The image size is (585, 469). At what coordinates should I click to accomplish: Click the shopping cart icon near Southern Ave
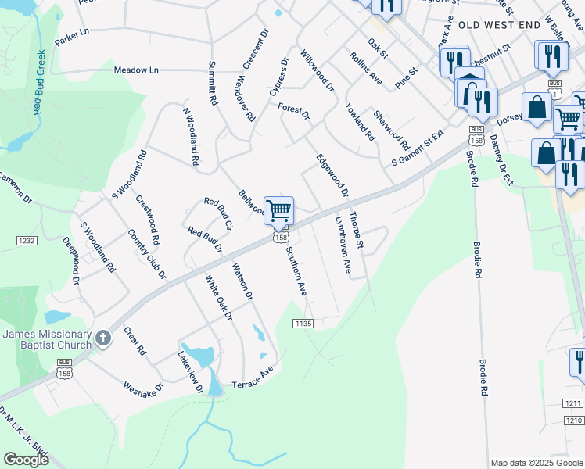click(x=278, y=211)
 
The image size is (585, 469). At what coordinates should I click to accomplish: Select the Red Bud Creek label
click(x=38, y=82)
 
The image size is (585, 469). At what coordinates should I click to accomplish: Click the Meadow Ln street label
click(x=136, y=70)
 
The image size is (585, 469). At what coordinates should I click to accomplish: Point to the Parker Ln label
click(x=72, y=36)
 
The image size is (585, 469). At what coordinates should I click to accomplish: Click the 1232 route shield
click(x=26, y=242)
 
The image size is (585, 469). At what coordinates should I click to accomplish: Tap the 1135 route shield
click(x=303, y=324)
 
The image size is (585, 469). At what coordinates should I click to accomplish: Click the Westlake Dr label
click(x=142, y=387)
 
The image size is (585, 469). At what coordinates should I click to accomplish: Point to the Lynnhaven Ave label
click(x=342, y=244)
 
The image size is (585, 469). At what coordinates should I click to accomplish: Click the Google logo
click(x=27, y=460)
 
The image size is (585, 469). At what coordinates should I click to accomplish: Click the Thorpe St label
click(x=357, y=231)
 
